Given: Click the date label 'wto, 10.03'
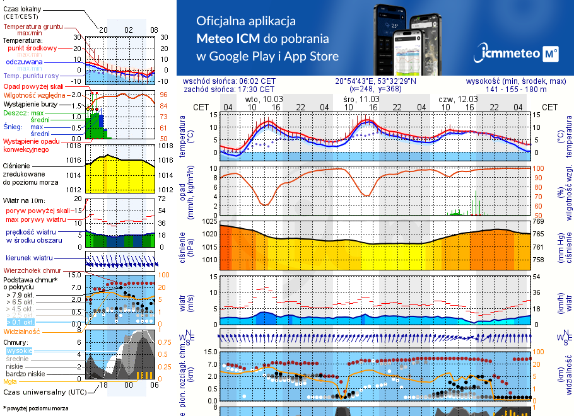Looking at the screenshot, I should [x=264, y=100].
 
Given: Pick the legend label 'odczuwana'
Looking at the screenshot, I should [x=24, y=62].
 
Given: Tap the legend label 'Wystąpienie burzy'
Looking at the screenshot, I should [x=30, y=102].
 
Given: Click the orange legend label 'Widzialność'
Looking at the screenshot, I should [x=22, y=330].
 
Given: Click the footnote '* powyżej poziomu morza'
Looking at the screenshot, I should [x=35, y=408].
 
